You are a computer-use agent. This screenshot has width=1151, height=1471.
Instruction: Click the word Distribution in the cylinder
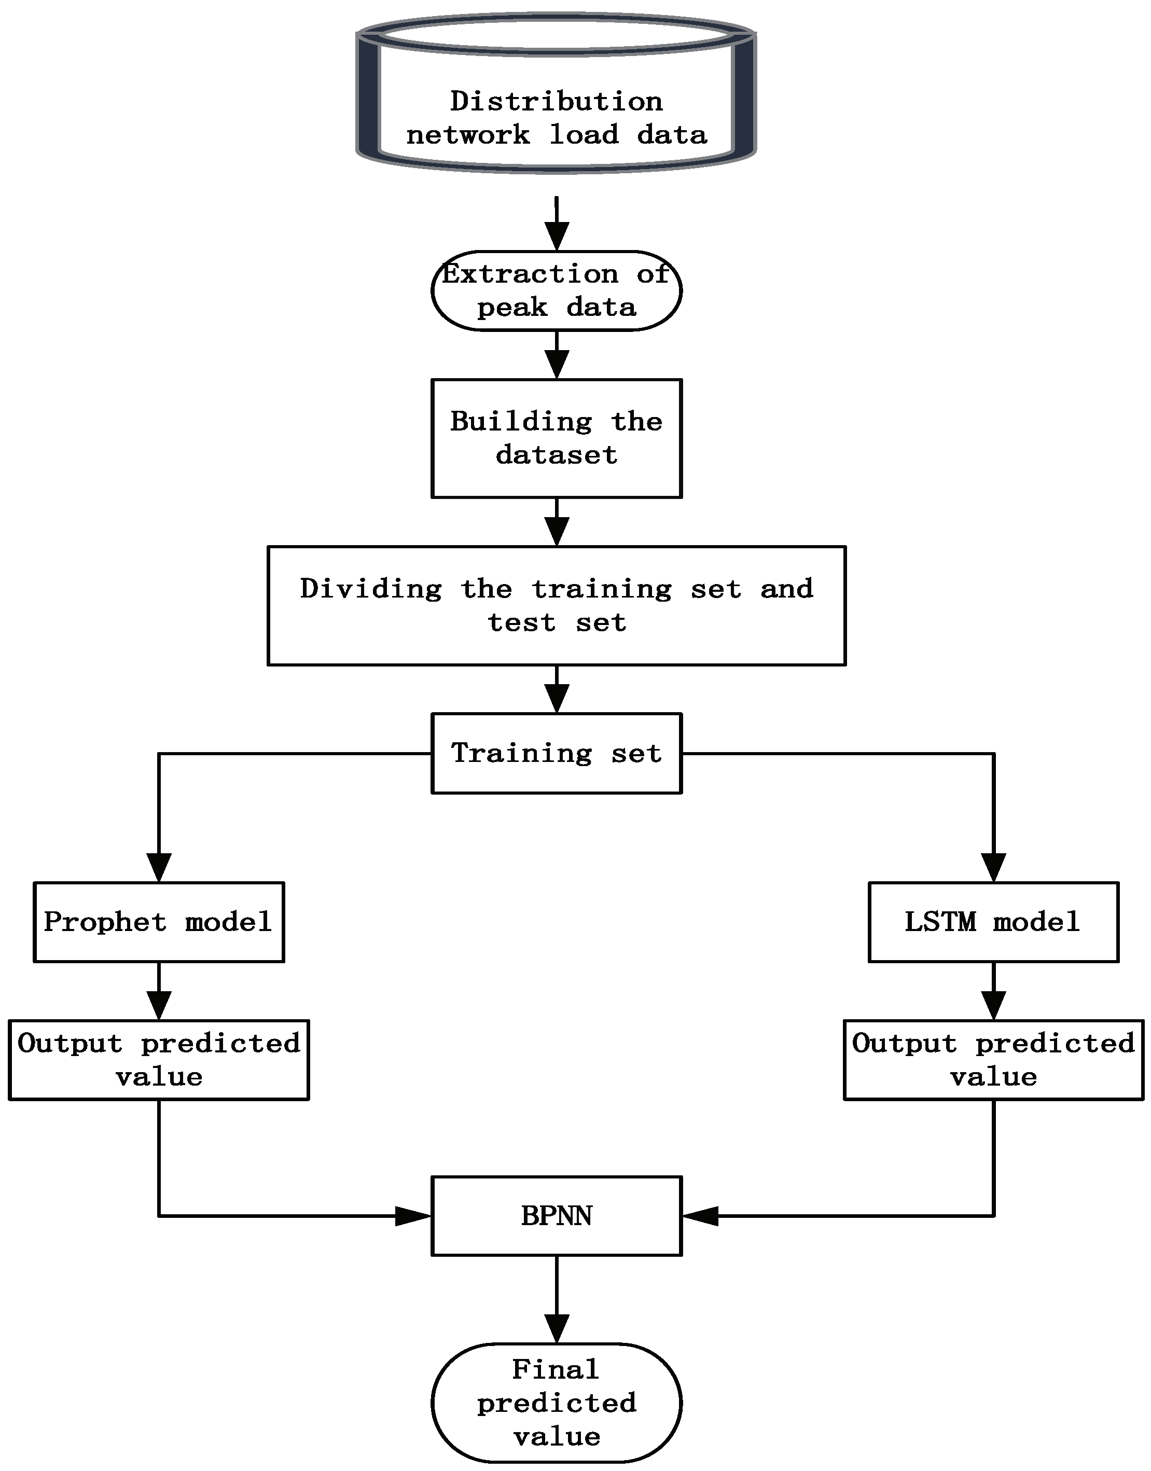[x=556, y=102]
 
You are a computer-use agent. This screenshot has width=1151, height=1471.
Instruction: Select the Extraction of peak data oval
[x=556, y=291]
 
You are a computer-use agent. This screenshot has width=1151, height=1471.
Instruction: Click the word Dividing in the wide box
[x=371, y=589]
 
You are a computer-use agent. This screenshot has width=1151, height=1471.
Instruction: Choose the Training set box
[x=556, y=753]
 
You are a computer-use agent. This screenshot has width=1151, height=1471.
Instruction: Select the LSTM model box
[x=993, y=921]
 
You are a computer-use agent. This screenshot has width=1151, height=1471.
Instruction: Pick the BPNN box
[x=556, y=1216]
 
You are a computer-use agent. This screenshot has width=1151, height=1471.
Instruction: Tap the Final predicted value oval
[x=556, y=1403]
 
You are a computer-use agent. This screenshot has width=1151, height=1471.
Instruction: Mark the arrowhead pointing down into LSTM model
[x=993, y=867]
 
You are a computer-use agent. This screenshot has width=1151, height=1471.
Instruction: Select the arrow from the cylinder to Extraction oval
[x=556, y=225]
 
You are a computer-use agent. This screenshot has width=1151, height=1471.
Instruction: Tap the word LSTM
[x=939, y=922]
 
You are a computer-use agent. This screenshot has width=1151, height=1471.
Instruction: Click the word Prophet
[x=104, y=922]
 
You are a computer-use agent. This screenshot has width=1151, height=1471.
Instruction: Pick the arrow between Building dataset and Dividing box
[x=556, y=522]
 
